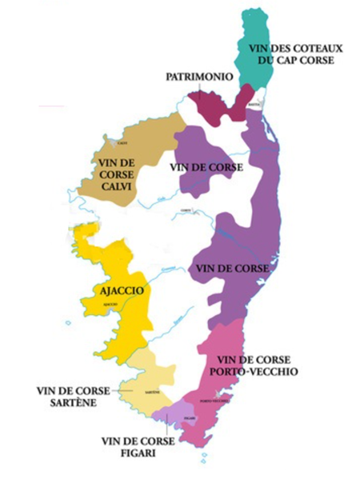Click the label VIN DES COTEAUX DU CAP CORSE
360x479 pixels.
point(300,54)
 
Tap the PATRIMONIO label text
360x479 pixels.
point(198,78)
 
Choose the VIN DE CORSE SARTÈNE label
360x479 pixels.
point(66,397)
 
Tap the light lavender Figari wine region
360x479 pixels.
point(178,415)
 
